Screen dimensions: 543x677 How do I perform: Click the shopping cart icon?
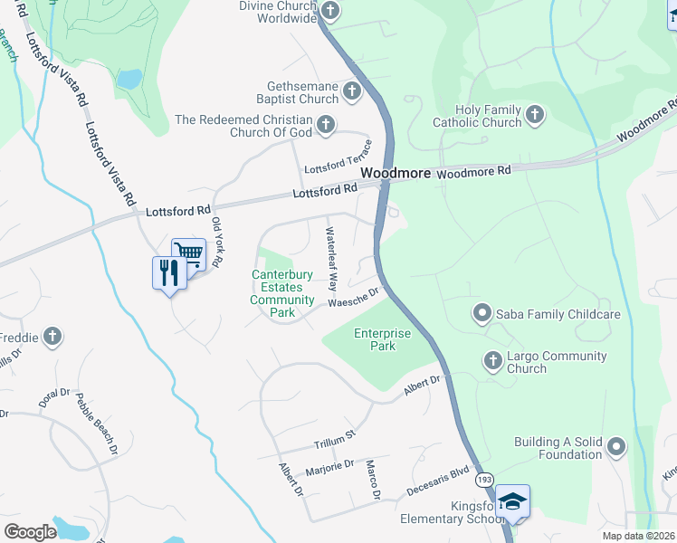pos(188,253)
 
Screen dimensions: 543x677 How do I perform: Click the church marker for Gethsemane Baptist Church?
pos(351,91)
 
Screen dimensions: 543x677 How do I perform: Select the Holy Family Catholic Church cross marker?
pos(535,114)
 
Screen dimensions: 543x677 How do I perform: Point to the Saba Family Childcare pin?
pos(481,314)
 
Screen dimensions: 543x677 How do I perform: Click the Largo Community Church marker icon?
pos(493,360)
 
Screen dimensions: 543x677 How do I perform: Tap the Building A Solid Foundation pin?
pos(616,446)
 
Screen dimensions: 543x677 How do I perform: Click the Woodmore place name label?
pos(394,172)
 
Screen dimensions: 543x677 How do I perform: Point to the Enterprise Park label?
pos(383,339)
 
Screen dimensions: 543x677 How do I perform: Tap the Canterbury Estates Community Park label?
pos(281,293)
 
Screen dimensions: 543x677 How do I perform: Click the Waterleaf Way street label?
pos(332,258)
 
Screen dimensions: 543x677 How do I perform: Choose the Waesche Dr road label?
pos(358,296)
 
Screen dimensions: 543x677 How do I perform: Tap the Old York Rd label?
pos(216,242)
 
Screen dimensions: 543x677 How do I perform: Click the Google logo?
pos(30,531)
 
